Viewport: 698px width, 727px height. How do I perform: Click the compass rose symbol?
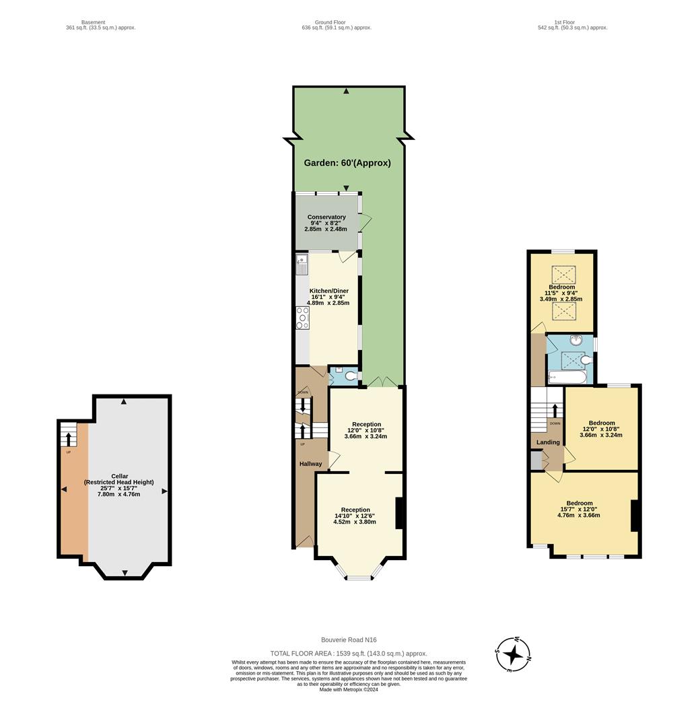(x=513, y=654)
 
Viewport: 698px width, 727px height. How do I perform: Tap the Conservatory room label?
(x=326, y=217)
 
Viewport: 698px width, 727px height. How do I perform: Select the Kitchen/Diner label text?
(x=328, y=291)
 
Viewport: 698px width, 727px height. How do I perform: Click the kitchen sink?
(x=302, y=264)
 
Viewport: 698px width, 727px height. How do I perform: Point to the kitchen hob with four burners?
(x=302, y=318)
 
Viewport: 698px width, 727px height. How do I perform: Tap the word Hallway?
(x=310, y=464)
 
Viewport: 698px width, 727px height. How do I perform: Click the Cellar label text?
(x=118, y=476)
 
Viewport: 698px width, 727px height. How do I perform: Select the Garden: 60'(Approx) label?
(x=347, y=163)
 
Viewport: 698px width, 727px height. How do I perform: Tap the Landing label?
(x=548, y=442)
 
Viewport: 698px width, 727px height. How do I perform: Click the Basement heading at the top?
(x=94, y=22)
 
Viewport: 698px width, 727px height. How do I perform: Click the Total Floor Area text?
(x=348, y=654)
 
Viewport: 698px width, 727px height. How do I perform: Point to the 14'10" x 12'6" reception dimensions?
(x=355, y=516)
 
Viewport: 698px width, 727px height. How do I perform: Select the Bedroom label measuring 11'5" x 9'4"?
(x=561, y=287)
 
